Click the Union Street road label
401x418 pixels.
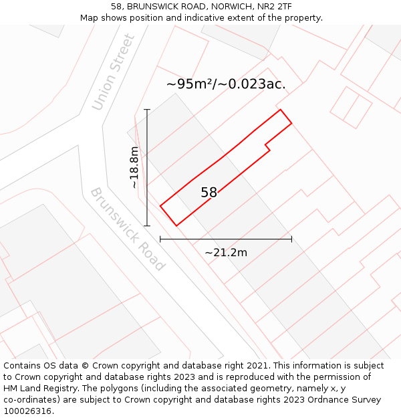pos(114,72)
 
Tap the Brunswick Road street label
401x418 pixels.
pos(127,229)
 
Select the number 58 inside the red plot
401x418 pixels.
pos(209,193)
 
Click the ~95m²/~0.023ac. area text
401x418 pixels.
pos(226,84)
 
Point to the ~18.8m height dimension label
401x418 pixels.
pos(134,167)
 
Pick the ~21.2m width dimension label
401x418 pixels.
pos(226,252)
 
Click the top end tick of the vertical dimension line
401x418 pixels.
pos(147,110)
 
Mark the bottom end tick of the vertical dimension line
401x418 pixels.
pos(147,226)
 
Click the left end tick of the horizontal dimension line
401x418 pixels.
pos(160,239)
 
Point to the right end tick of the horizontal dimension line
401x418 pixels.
pos(291,239)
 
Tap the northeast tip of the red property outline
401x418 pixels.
pos(281,110)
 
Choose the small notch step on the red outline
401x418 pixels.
pos(267,145)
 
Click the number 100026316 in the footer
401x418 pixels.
pos(27,411)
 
